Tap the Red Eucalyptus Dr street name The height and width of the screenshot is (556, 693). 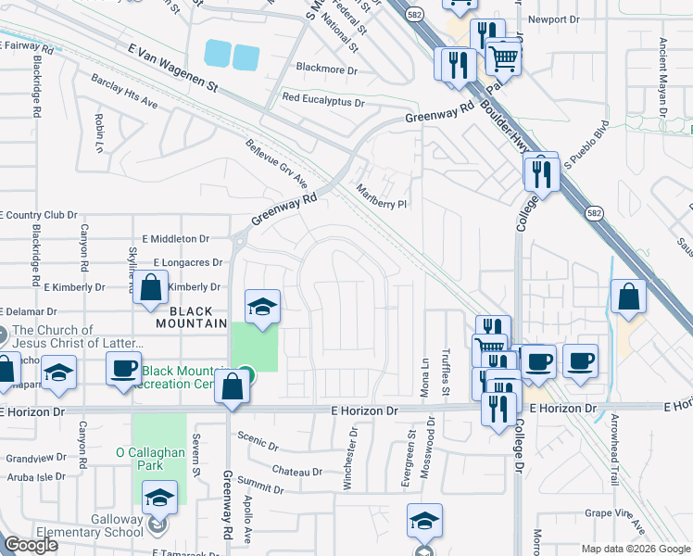tap(323, 98)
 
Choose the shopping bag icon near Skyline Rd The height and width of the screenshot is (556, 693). tap(152, 287)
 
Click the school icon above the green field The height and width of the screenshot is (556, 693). tap(262, 307)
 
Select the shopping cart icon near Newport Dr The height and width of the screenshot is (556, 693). tap(503, 58)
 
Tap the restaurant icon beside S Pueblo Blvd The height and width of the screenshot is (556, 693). tap(541, 172)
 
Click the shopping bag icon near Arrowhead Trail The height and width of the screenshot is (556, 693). tap(629, 297)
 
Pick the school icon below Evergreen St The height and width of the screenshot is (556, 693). tap(424, 521)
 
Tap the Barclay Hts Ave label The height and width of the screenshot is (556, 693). tap(125, 90)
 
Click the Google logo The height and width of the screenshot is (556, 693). tap(31, 546)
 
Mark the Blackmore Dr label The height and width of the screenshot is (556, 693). tap(326, 69)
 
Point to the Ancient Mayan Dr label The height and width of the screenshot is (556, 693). tap(663, 74)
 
